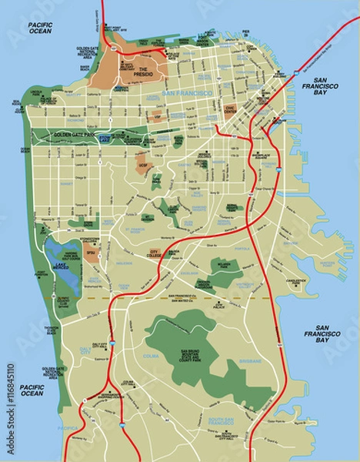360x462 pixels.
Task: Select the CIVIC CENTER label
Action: coord(230,109)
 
